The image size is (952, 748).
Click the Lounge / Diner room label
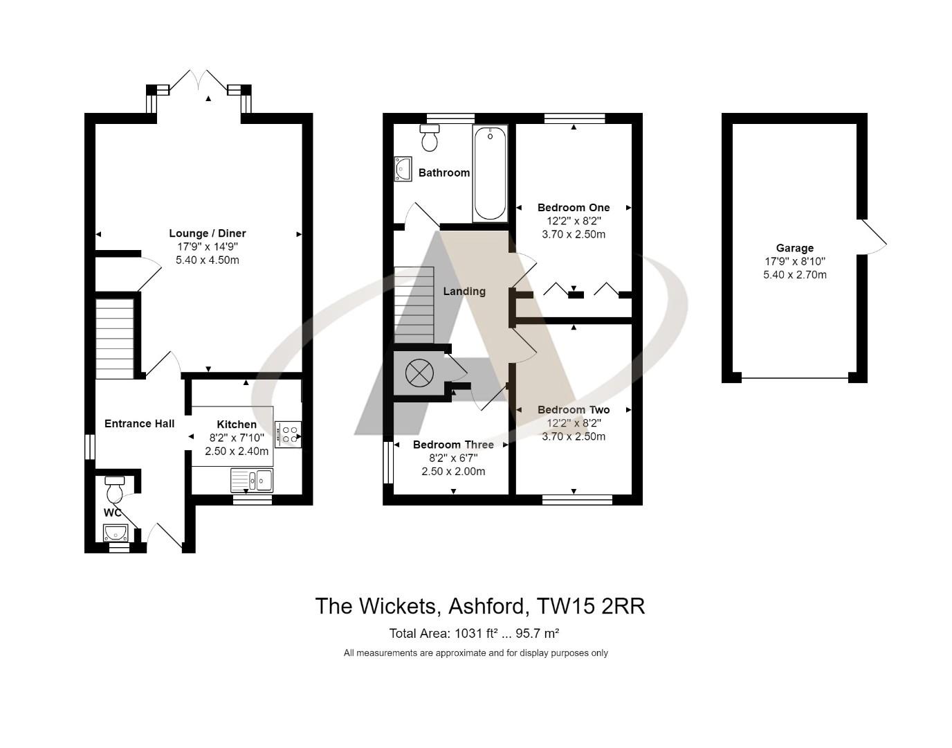[208, 233]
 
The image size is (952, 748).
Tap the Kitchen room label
[237, 424]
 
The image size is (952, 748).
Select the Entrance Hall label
[139, 423]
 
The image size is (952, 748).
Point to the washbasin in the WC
[115, 533]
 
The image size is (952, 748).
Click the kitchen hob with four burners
[287, 434]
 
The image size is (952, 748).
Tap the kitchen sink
[252, 479]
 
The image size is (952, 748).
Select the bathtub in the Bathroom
[490, 173]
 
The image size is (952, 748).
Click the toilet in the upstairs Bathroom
[430, 138]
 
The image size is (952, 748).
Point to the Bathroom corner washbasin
[403, 169]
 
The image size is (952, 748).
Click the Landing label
[464, 291]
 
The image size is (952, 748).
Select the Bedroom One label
[573, 207]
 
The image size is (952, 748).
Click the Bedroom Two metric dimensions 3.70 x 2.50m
[573, 436]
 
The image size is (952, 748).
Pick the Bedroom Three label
[453, 445]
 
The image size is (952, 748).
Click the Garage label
[794, 248]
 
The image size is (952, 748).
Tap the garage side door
[872, 237]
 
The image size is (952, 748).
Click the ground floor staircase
[114, 339]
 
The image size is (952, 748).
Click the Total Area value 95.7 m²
[542, 633]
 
